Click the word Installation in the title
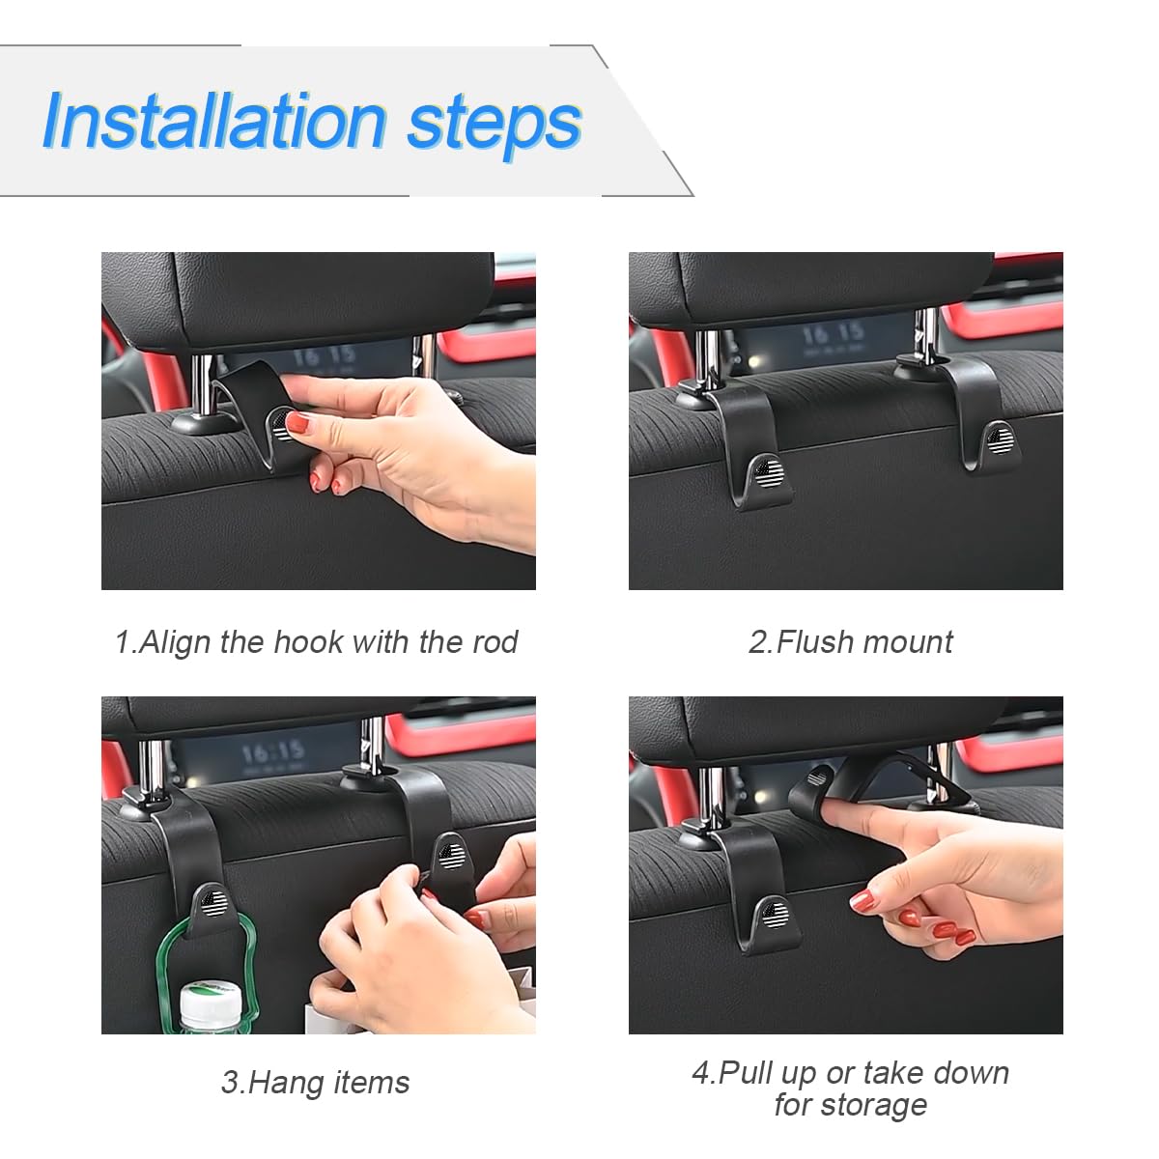point(214,122)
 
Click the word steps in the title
point(494,124)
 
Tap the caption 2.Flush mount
point(850,641)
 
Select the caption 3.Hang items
point(315,1082)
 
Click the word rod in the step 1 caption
point(495,641)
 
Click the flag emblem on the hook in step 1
point(282,424)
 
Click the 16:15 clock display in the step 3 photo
point(272,750)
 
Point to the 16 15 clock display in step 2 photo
point(832,335)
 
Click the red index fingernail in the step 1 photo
point(297,422)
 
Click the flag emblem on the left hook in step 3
point(214,903)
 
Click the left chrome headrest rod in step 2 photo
point(707,359)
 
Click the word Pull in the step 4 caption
point(747,1072)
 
